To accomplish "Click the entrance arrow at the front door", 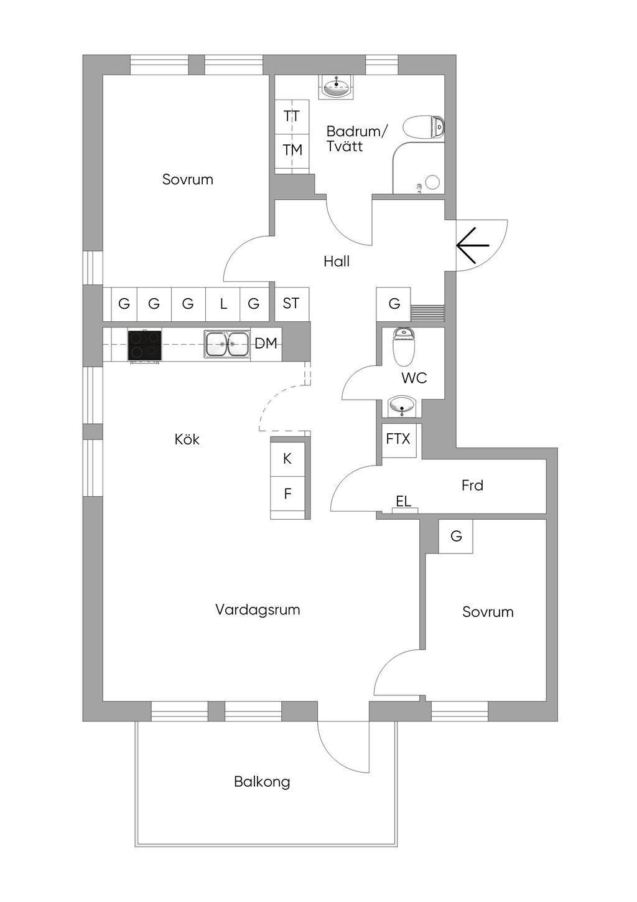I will pos(473,245).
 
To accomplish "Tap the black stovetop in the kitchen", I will pos(144,345).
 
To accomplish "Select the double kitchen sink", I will pos(227,344).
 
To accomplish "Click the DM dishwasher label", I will pos(266,343).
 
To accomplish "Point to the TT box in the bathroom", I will pos(292,116).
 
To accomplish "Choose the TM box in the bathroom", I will pos(292,150).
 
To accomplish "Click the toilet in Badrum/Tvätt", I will pos(423,128).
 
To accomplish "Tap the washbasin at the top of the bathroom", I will pos(337,87).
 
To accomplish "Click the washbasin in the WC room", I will pos(402,407).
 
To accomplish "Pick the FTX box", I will pos(398,439).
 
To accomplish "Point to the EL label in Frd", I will pos(404,502).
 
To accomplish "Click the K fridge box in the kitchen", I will pos(287,459).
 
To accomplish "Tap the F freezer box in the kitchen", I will pos(287,494).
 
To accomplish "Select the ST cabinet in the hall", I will pos(291,304).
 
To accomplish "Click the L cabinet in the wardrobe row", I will pos(223,304).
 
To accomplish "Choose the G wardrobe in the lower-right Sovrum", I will pos(456,536).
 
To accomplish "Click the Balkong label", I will pos(262,782).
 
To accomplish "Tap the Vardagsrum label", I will pos(258,610).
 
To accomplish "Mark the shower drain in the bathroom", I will pos(432,182).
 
